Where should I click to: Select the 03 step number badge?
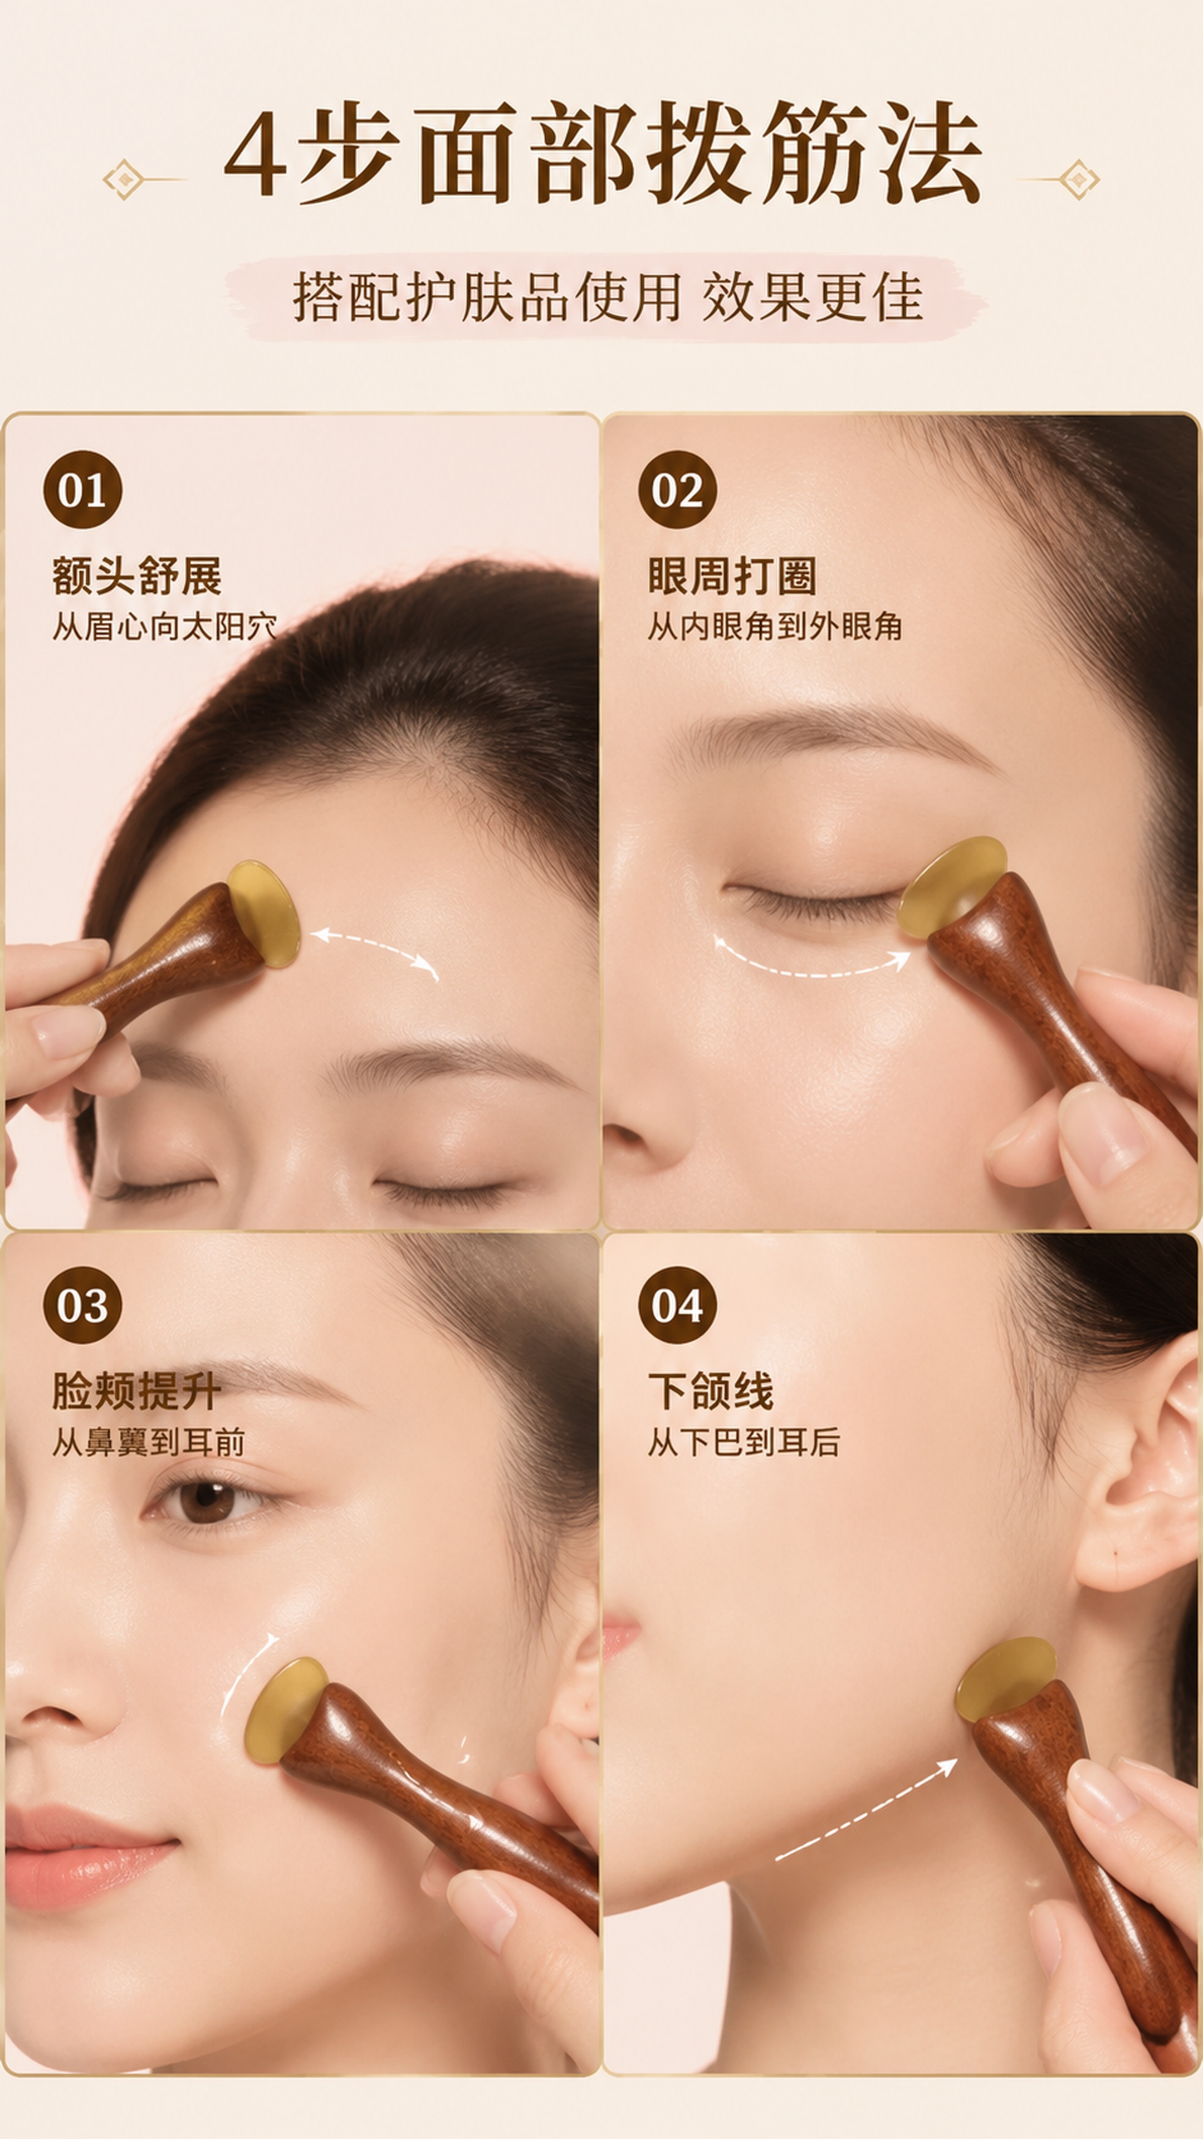pos(82,1305)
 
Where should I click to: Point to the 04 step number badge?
pos(677,1305)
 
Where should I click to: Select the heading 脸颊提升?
pos(137,1391)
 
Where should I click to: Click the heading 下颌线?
pos(711,1391)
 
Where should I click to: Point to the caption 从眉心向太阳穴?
pos(164,626)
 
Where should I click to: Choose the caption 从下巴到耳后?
pos(743,1442)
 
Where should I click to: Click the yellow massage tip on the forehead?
pos(263,914)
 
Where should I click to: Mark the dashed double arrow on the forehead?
pos(375,948)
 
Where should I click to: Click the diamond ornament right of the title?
pos(1078,179)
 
